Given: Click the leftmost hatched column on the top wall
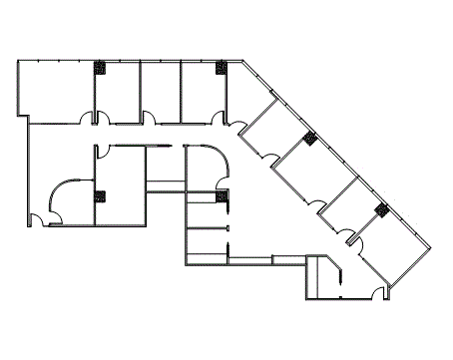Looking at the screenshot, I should [x=100, y=68].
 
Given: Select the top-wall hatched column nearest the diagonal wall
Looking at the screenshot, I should [x=222, y=68].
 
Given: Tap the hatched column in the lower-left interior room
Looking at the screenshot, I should [x=99, y=195].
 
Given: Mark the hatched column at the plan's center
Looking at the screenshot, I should [x=224, y=195].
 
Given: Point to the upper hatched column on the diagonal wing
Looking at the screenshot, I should [x=310, y=138].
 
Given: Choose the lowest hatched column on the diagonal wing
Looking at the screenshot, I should [x=381, y=209].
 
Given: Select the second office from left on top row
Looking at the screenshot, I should [x=118, y=92].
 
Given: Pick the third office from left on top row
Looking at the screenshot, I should [x=160, y=92].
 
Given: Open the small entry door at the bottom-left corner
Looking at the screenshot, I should [x=37, y=218].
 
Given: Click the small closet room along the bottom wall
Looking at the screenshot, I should [x=321, y=278].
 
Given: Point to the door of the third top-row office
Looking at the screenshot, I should [x=148, y=119].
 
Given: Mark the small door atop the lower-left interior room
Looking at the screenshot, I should [x=102, y=152].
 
